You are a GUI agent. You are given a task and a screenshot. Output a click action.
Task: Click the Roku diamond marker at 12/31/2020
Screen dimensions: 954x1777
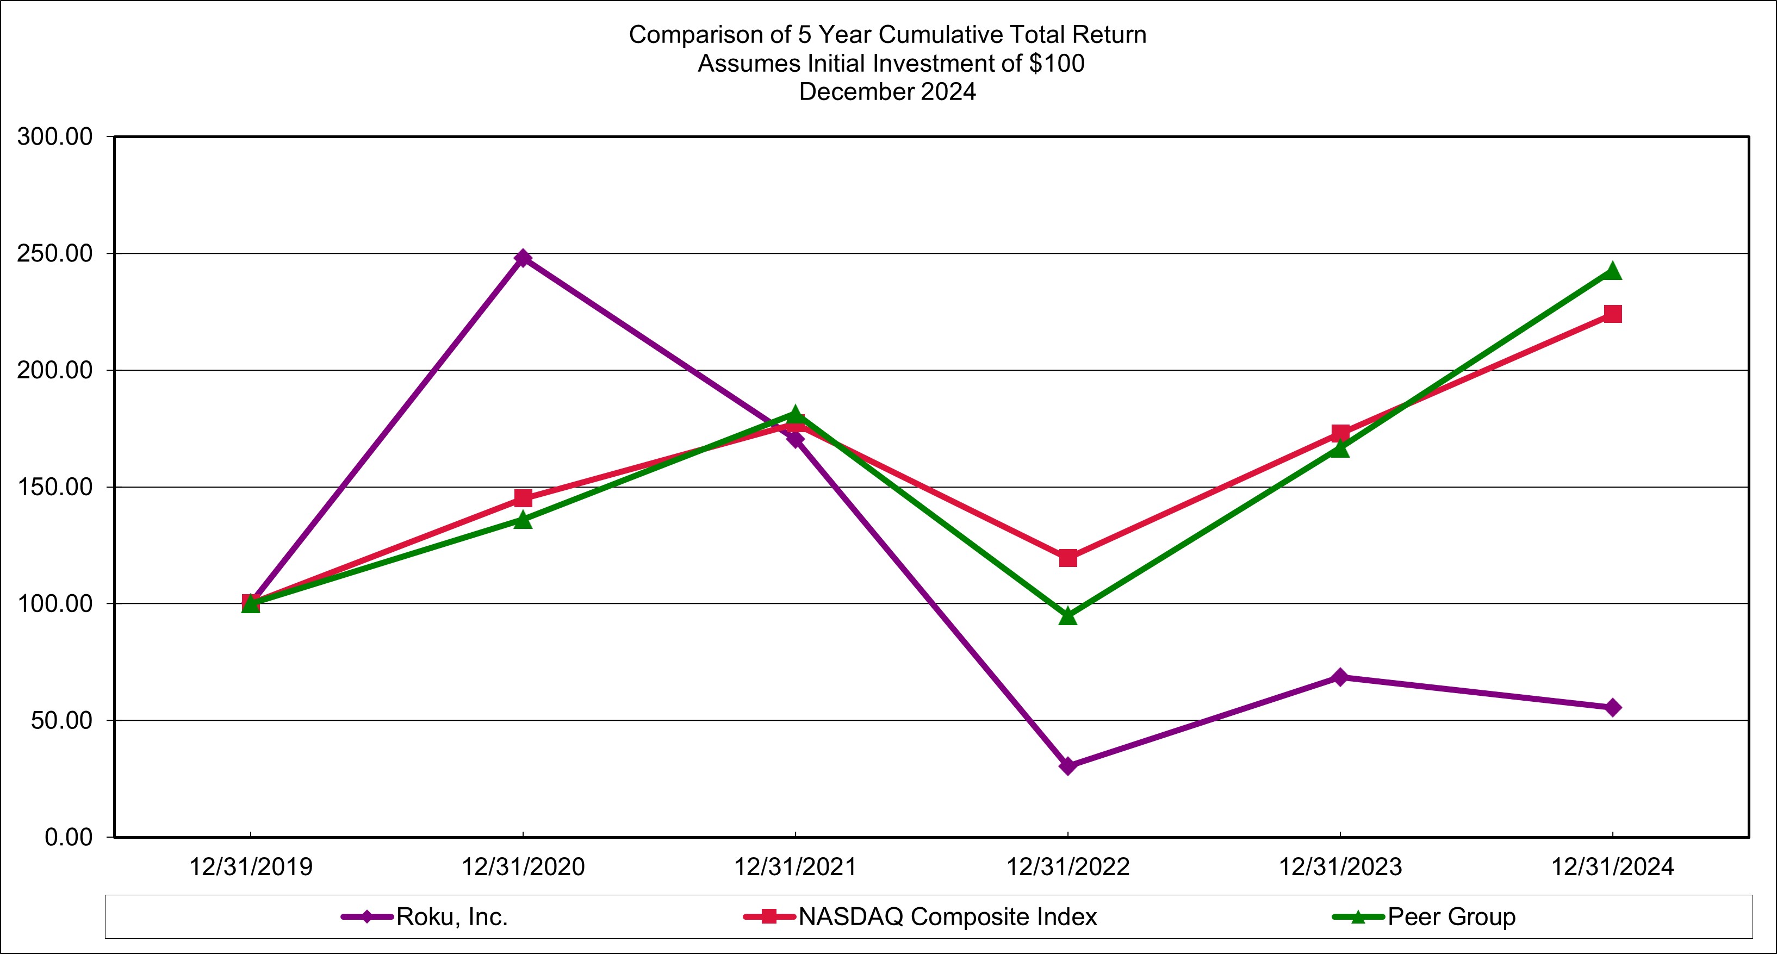point(523,258)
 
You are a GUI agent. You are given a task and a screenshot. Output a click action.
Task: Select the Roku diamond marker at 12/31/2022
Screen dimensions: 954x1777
point(1067,766)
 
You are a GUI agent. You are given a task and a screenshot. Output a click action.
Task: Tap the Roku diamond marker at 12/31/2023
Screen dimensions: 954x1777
point(1340,677)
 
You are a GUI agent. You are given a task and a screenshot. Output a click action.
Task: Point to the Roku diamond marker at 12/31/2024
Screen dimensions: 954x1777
point(1612,708)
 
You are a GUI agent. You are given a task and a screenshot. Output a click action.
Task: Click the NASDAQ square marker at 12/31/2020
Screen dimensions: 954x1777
point(523,498)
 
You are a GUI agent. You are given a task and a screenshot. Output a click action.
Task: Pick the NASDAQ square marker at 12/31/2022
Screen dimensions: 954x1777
point(1067,557)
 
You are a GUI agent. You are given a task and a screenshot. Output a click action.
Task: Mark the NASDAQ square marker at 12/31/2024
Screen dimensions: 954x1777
point(1612,314)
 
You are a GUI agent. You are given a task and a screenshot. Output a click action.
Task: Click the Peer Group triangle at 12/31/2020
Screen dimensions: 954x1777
point(523,520)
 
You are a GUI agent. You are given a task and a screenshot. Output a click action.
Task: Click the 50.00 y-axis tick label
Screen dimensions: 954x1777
point(61,720)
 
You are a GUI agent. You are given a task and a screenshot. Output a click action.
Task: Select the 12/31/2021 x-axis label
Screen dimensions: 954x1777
point(794,867)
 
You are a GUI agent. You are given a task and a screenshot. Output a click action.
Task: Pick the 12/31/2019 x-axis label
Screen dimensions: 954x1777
point(251,867)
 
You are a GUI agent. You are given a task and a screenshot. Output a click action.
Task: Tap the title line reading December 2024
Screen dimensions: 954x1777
point(887,92)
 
